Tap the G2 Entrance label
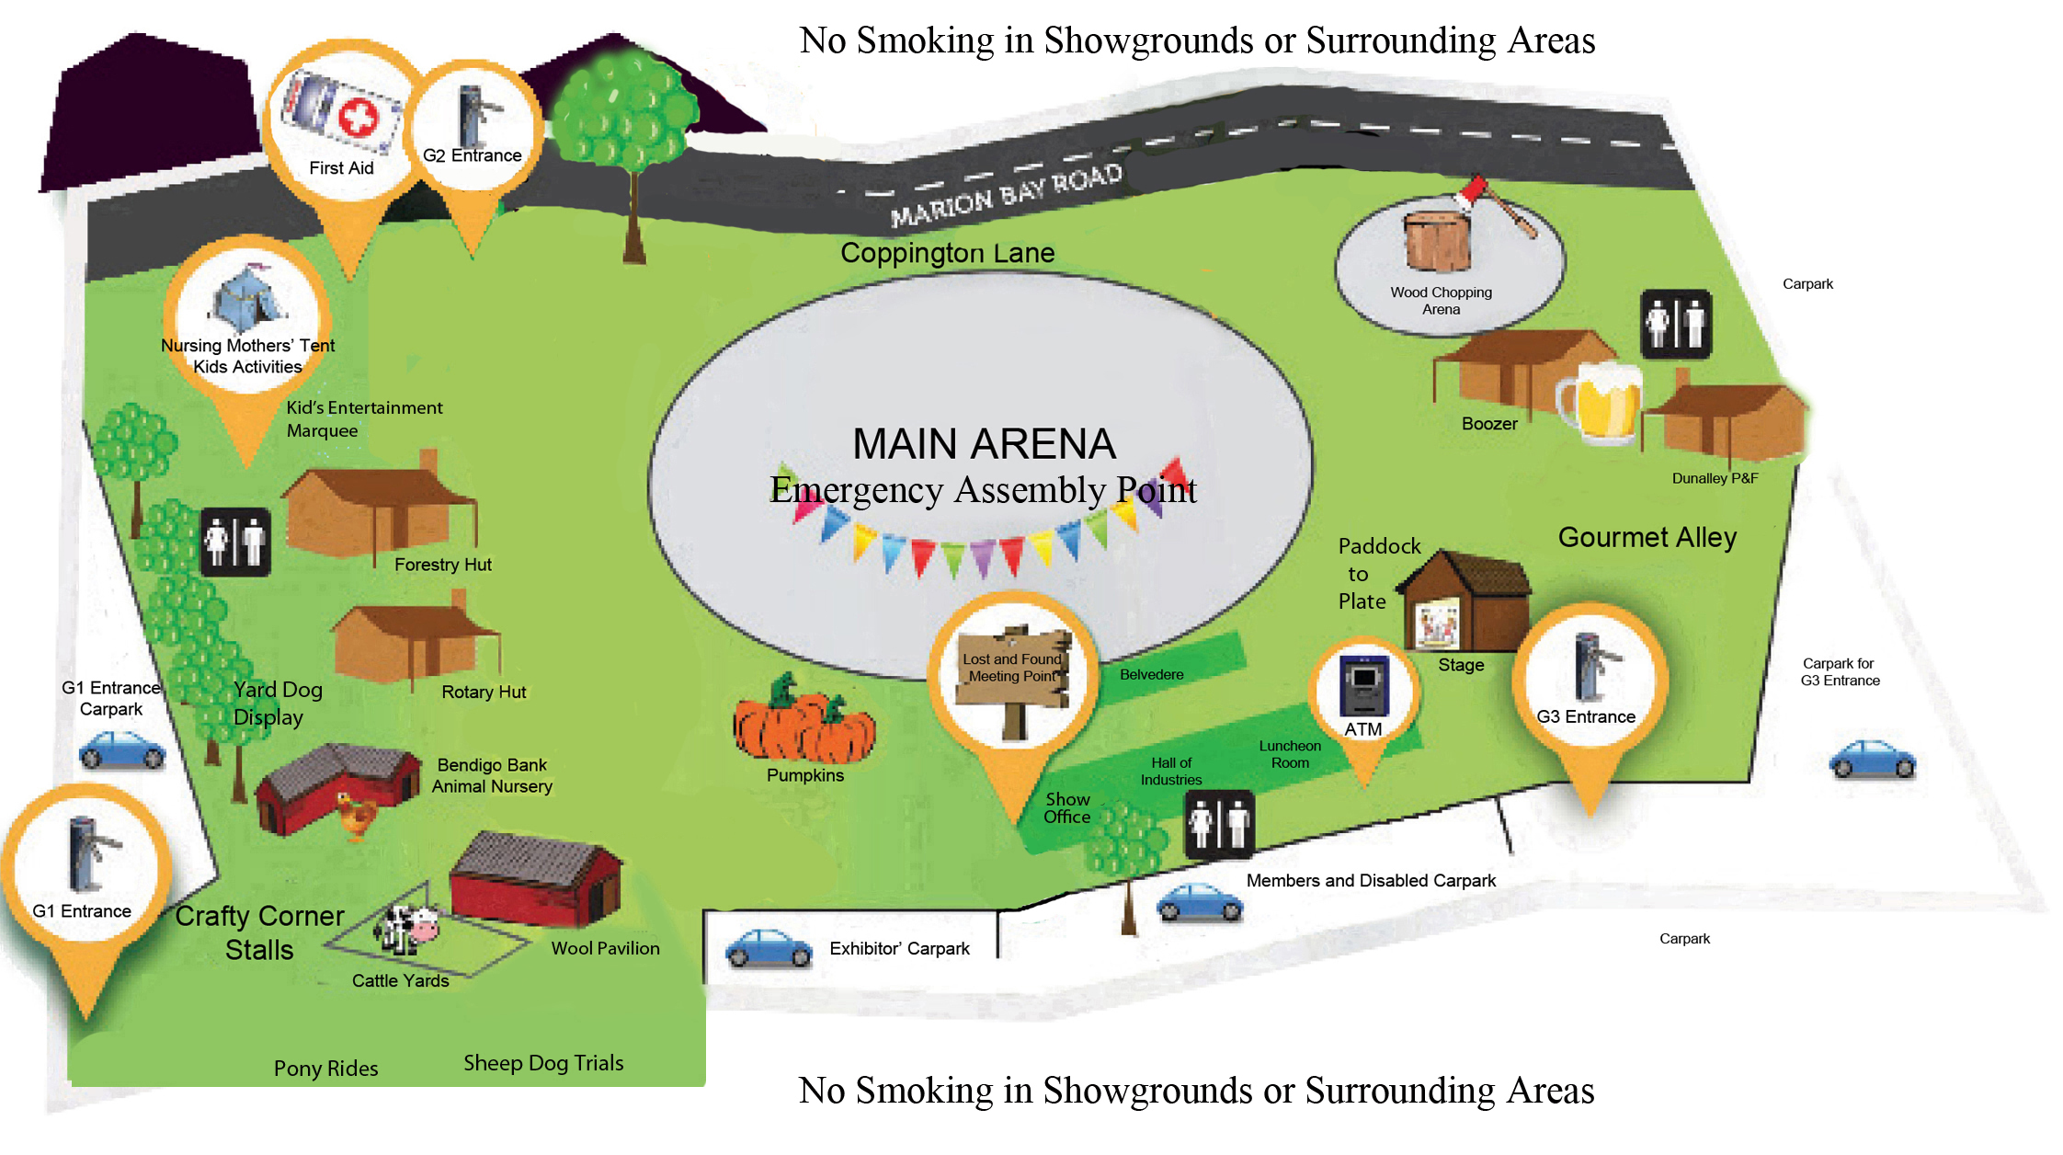coord(473,155)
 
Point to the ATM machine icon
coord(1364,685)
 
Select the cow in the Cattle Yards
coord(406,929)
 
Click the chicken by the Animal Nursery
coord(357,817)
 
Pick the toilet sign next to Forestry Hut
coord(235,542)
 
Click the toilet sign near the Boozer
coord(1676,324)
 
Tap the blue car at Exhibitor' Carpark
coord(769,948)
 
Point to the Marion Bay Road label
coord(1007,195)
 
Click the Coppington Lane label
coord(948,253)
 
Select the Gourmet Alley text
coord(1647,537)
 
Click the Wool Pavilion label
coord(606,948)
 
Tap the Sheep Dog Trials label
coord(543,1063)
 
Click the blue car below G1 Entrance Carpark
coord(122,749)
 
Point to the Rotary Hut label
coord(484,692)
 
